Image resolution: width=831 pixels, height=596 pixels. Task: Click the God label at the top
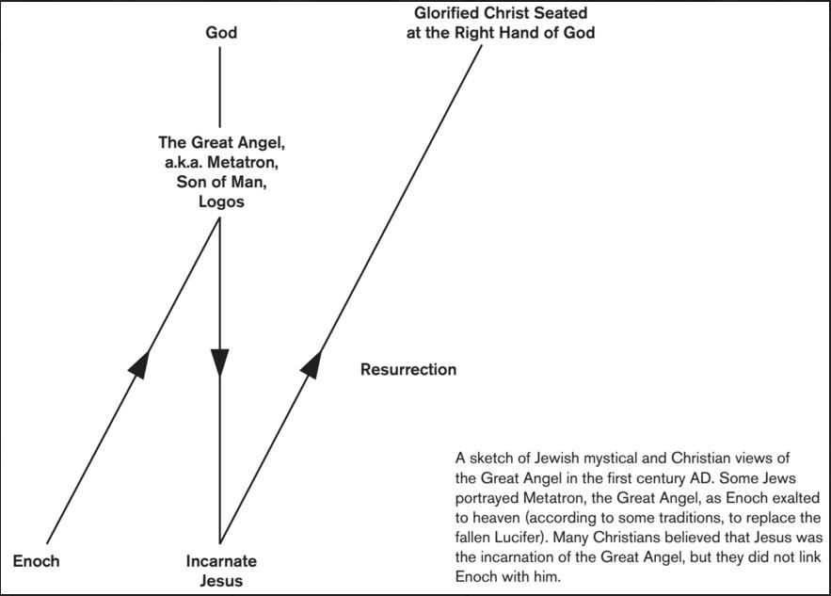(221, 33)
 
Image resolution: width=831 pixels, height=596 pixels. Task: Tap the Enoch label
(36, 561)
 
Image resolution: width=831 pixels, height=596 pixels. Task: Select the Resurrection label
(408, 370)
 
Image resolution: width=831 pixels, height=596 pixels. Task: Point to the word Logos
(221, 202)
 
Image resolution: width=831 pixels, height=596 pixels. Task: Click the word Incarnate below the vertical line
(221, 561)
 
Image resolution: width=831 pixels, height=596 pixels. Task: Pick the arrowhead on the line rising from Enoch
(139, 363)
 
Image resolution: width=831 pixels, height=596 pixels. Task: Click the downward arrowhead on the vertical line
(220, 363)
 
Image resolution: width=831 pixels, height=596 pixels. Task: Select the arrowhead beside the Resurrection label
(312, 364)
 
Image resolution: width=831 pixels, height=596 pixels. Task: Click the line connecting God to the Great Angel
(220, 88)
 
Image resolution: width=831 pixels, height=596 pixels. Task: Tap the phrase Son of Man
(221, 182)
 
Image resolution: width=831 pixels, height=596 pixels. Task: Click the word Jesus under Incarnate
(221, 581)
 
